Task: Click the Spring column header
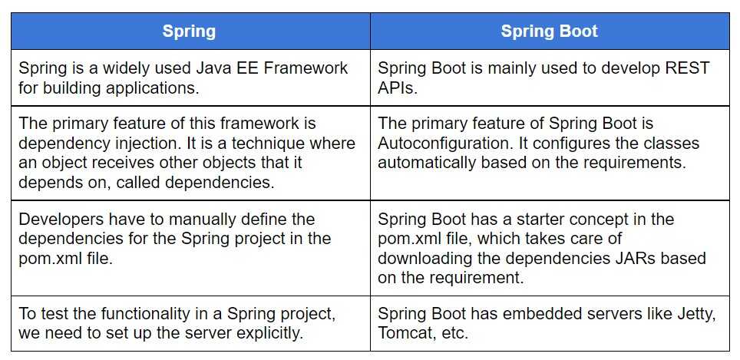click(x=190, y=31)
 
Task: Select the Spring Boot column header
click(x=550, y=31)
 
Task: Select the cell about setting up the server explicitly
click(x=190, y=324)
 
